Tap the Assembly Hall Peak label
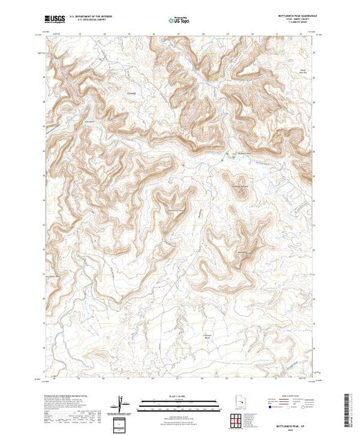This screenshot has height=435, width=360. click(239, 186)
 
